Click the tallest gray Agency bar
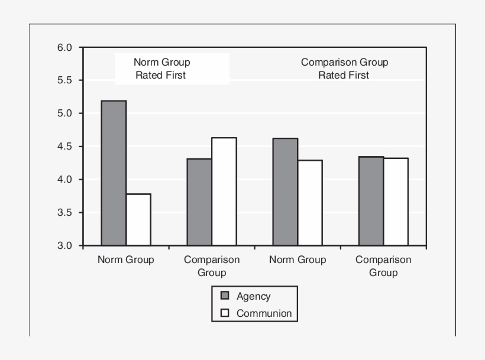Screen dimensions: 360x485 click(x=114, y=173)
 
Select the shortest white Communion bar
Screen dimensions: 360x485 click(x=138, y=219)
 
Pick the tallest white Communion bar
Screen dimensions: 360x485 click(x=224, y=192)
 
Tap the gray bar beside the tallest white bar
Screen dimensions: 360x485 click(x=199, y=202)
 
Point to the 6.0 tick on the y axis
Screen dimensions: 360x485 click(x=64, y=48)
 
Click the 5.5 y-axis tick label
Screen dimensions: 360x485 click(x=64, y=80)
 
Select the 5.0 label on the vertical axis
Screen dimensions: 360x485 click(x=64, y=113)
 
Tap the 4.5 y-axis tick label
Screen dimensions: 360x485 click(x=64, y=147)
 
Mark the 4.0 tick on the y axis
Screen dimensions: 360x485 click(x=64, y=180)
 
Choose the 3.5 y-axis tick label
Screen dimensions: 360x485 click(x=64, y=213)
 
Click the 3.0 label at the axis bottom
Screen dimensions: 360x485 click(x=64, y=246)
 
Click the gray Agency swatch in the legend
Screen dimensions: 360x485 click(x=225, y=296)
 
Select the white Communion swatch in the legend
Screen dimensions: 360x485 click(x=225, y=313)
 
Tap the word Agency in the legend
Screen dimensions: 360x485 click(x=253, y=296)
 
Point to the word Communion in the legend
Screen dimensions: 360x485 click(x=264, y=313)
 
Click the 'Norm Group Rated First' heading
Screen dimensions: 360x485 click(x=161, y=69)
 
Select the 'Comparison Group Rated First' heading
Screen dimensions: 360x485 click(x=344, y=69)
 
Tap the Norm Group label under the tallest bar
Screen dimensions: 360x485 click(x=125, y=260)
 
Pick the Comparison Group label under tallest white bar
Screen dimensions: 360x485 click(x=212, y=266)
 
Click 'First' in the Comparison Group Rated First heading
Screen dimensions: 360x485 click(x=359, y=75)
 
